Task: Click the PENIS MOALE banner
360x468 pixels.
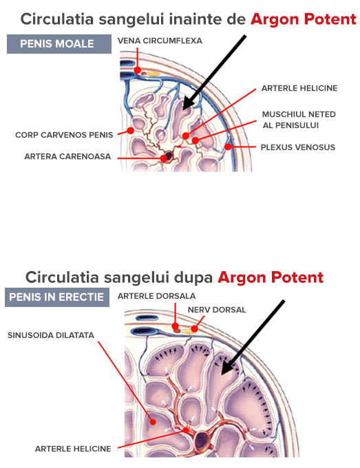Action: (59, 44)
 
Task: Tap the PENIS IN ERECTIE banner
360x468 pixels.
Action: (57, 297)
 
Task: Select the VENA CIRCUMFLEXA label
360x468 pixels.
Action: (160, 41)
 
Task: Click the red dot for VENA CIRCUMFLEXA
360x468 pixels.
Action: (137, 70)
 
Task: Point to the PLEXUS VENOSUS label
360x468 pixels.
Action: (298, 147)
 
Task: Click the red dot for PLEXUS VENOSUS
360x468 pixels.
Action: (228, 147)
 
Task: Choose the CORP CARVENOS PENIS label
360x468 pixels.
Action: (64, 135)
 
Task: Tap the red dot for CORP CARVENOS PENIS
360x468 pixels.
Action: (130, 131)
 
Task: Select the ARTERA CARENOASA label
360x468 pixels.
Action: (67, 156)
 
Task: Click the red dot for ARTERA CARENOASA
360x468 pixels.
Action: (164, 158)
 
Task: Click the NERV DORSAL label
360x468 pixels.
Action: (217, 310)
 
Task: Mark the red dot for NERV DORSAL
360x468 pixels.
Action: (194, 328)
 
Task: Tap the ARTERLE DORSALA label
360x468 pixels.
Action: (156, 296)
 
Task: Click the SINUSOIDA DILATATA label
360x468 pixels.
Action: (51, 335)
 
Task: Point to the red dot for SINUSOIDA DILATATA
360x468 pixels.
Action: (153, 422)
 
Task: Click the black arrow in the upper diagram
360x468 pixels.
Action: (214, 72)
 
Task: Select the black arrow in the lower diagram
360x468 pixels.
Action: (253, 337)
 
